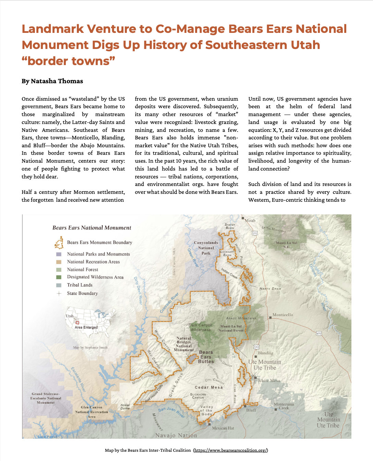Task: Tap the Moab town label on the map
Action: pyautogui.click(x=250, y=221)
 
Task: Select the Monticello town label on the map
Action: pyautogui.click(x=282, y=315)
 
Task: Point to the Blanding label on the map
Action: pyautogui.click(x=265, y=353)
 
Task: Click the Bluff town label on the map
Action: pyautogui.click(x=251, y=410)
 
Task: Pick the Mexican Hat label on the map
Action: pyautogui.click(x=223, y=428)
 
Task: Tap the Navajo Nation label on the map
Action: pyautogui.click(x=176, y=435)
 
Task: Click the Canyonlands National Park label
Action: pyautogui.click(x=206, y=248)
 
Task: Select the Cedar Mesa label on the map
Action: pyautogui.click(x=209, y=387)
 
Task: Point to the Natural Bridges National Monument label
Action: pyautogui.click(x=184, y=344)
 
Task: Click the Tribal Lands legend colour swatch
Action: pyautogui.click(x=59, y=285)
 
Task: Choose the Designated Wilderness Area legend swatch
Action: pyautogui.click(x=59, y=277)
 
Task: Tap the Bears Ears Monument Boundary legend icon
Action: pyautogui.click(x=59, y=242)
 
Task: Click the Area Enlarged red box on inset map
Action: pyautogui.click(x=77, y=323)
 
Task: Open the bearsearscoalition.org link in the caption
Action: pyautogui.click(x=231, y=450)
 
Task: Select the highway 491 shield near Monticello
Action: pyautogui.click(x=319, y=333)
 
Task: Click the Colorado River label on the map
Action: pyautogui.click(x=169, y=303)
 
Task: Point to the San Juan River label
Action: pyautogui.click(x=171, y=412)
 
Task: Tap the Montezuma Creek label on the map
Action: pyautogui.click(x=284, y=406)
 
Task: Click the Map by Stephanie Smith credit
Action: pyautogui.click(x=90, y=347)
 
